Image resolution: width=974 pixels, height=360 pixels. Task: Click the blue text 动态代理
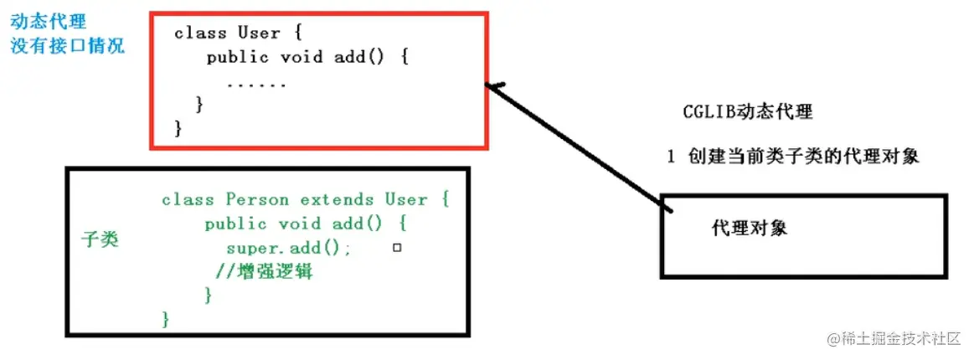[x=48, y=20]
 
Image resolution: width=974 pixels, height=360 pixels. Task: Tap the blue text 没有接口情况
[x=67, y=44]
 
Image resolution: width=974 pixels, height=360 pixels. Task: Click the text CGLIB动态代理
[x=748, y=111]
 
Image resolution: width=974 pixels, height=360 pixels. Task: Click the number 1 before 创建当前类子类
[x=671, y=157]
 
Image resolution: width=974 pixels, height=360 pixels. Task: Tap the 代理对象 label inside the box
[x=749, y=228]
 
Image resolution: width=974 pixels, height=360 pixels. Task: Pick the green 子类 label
[x=99, y=239]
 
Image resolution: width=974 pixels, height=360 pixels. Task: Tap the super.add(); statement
[x=289, y=248]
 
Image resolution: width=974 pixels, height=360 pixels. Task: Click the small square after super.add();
[x=397, y=248]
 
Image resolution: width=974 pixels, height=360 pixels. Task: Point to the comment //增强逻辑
[x=266, y=272]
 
